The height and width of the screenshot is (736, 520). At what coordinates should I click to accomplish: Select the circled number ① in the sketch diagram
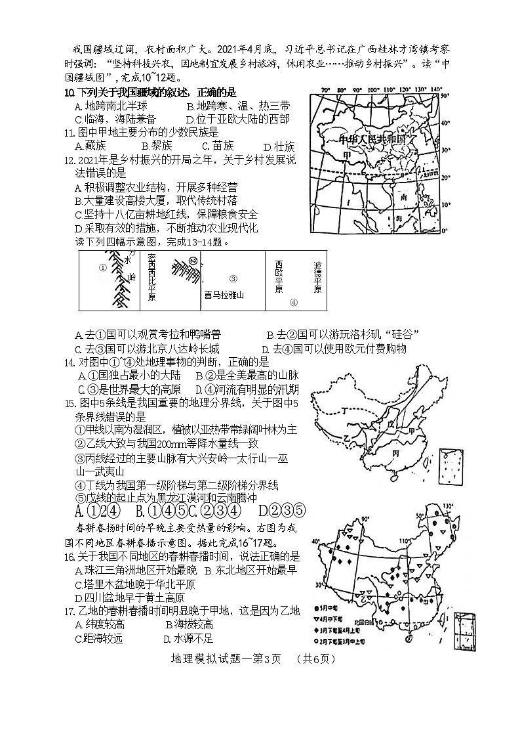102,267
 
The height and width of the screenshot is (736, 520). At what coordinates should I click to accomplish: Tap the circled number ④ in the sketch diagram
294,303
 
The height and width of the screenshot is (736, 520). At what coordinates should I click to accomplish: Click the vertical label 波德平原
317,276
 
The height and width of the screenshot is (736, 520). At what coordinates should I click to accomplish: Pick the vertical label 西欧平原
279,276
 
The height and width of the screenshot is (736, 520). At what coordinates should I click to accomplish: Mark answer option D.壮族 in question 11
279,146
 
